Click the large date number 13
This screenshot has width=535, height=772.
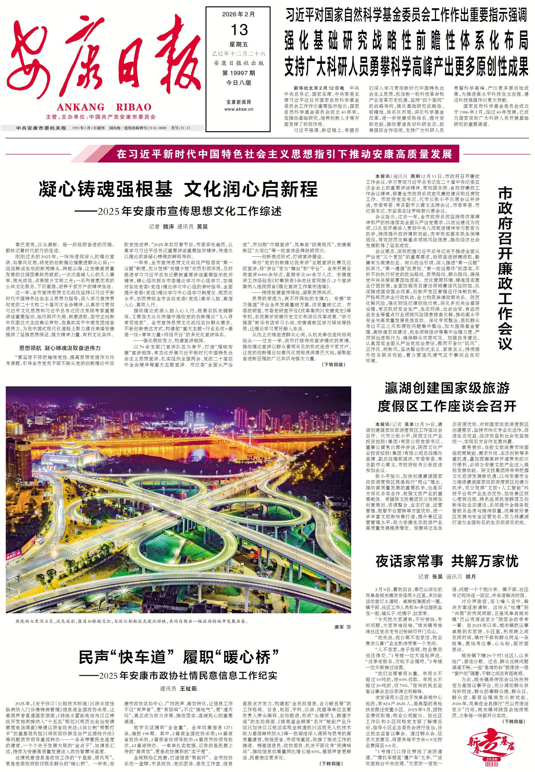click(x=239, y=31)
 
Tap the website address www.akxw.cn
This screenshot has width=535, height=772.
click(x=238, y=109)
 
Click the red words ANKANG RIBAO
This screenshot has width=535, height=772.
click(x=104, y=107)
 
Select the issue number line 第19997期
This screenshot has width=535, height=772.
click(x=238, y=73)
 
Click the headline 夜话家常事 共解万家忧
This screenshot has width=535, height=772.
click(x=447, y=561)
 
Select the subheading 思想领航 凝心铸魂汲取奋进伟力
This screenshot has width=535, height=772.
click(x=60, y=348)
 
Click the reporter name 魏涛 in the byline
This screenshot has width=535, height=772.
click(x=168, y=226)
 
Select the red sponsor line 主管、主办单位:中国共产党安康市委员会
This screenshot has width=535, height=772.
click(x=101, y=117)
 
